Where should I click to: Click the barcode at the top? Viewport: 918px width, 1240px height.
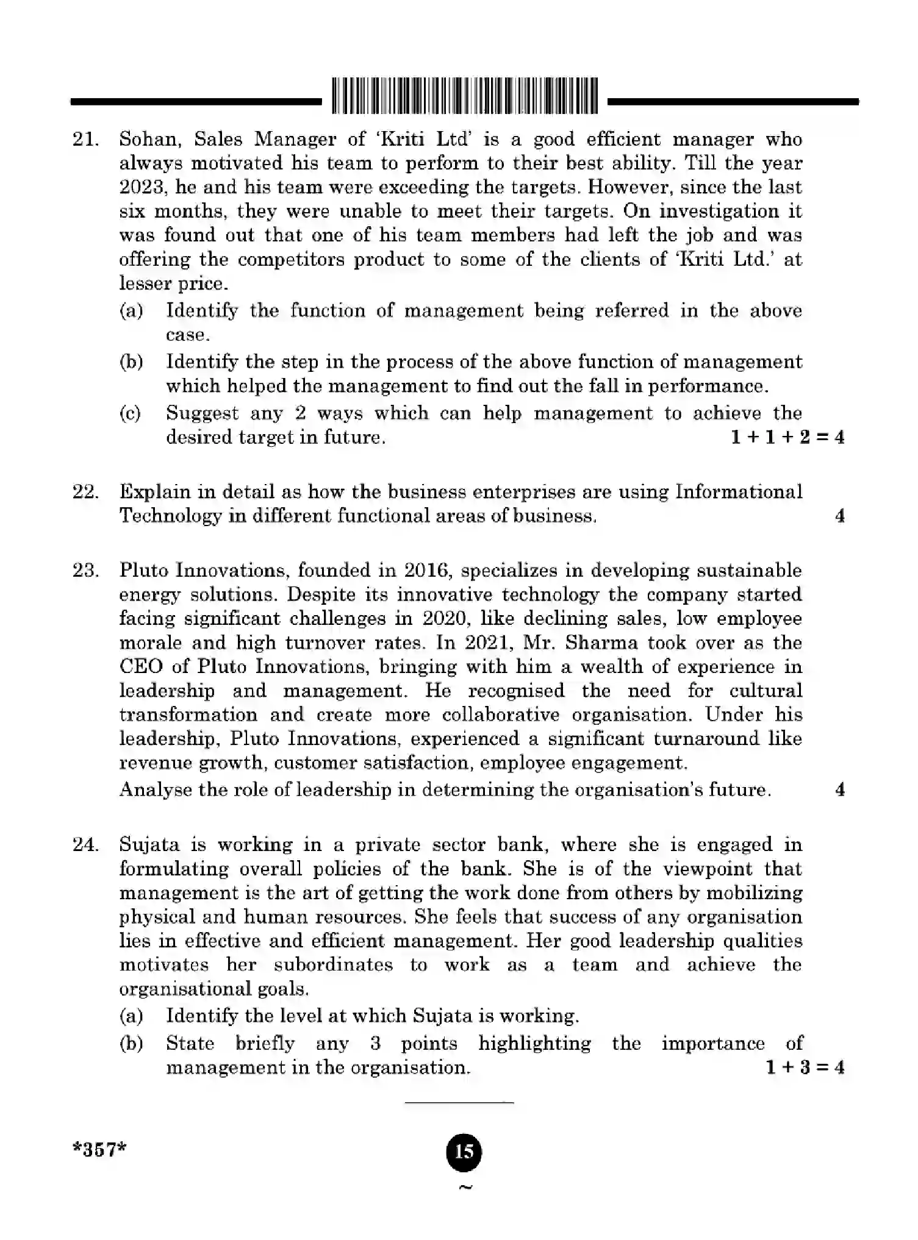[465, 96]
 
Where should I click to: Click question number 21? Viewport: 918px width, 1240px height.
[85, 140]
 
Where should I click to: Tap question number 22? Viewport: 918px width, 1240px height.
[85, 492]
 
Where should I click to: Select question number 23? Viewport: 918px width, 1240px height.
[85, 571]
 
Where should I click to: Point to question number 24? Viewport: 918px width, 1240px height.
[85, 845]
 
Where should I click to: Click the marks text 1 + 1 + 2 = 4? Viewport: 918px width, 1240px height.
[787, 437]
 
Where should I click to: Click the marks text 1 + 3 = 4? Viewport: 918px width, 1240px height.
[804, 1067]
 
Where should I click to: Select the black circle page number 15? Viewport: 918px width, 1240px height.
[464, 1151]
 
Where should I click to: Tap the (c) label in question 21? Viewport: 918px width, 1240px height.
[130, 413]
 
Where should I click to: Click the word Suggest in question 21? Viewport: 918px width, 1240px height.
[203, 413]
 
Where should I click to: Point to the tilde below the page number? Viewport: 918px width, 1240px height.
[465, 1187]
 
